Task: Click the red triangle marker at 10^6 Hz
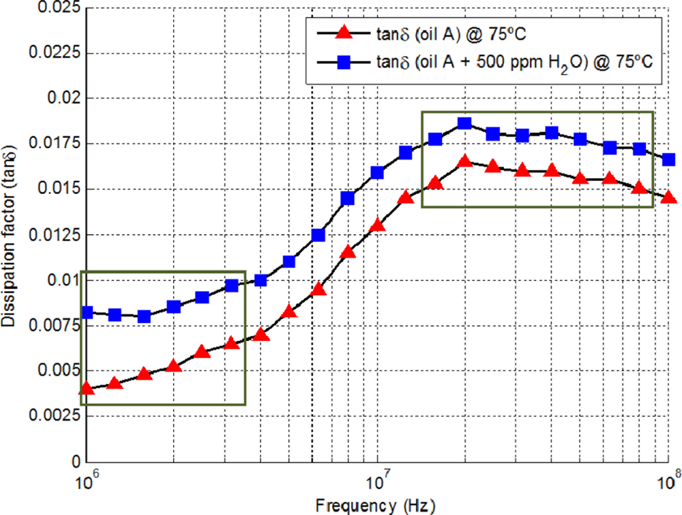[x=87, y=389]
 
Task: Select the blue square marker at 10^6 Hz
[x=87, y=312]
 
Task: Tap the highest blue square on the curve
[x=464, y=124]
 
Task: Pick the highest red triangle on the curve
[x=464, y=161]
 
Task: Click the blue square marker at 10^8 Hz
[x=669, y=159]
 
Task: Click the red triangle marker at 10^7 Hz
[x=377, y=225]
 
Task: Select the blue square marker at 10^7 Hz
[x=377, y=173]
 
